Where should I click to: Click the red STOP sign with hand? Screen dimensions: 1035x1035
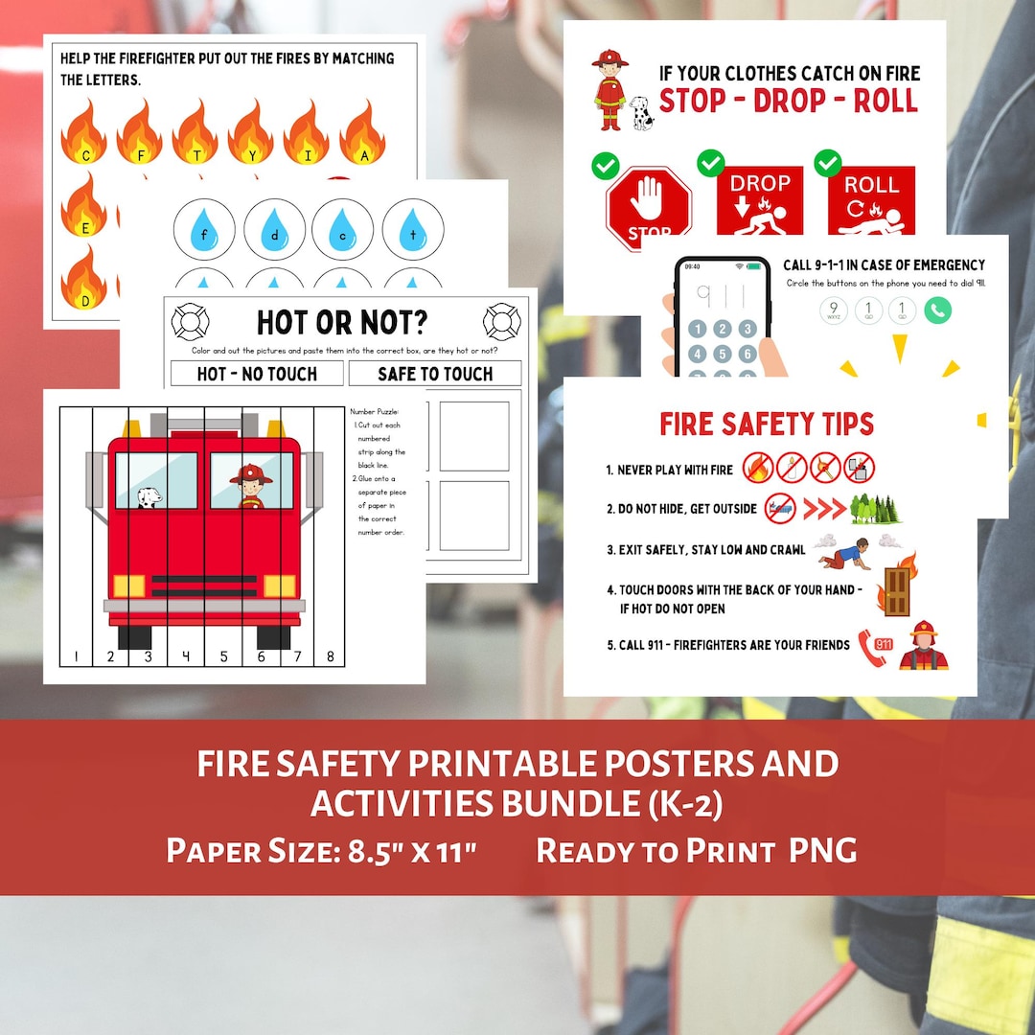point(649,205)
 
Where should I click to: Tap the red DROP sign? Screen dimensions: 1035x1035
point(760,201)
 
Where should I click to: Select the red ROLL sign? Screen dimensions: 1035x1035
point(871,201)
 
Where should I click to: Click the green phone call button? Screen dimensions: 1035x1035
point(937,310)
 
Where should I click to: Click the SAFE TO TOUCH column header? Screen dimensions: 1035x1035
point(435,374)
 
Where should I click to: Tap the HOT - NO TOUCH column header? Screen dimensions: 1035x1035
point(256,374)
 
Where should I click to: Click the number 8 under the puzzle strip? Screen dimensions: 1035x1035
point(331,656)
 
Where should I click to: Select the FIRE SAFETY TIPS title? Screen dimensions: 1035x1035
point(767,424)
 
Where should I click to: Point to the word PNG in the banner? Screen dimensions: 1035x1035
point(823,850)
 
